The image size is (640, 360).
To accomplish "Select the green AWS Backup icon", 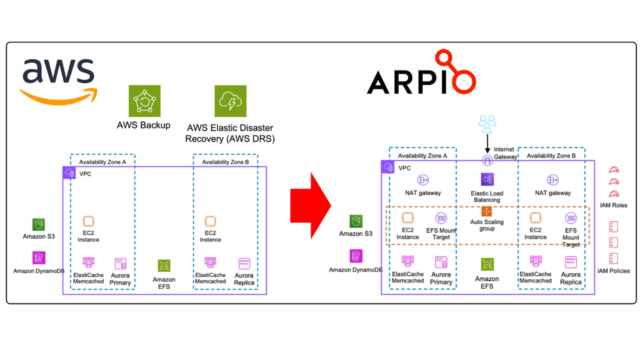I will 144,101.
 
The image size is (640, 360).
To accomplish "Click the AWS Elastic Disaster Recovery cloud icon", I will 230,101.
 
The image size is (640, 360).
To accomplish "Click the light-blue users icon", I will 487,123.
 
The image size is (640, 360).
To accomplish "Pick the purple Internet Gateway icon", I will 487,160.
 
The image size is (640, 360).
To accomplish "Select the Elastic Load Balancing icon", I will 487,179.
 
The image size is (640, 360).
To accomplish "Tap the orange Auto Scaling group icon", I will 487,211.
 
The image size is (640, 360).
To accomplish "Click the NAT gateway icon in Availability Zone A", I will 423,180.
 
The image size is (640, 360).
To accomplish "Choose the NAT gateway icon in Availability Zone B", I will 552,180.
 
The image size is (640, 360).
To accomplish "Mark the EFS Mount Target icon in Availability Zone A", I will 441,218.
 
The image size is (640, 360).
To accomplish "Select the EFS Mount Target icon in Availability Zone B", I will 570,218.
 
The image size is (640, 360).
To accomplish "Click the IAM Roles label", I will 613,205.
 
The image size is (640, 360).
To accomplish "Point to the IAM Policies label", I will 613,271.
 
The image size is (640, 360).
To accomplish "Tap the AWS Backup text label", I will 143,125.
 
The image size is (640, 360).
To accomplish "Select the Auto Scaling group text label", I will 487,225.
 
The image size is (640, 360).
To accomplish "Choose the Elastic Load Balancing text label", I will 487,196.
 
